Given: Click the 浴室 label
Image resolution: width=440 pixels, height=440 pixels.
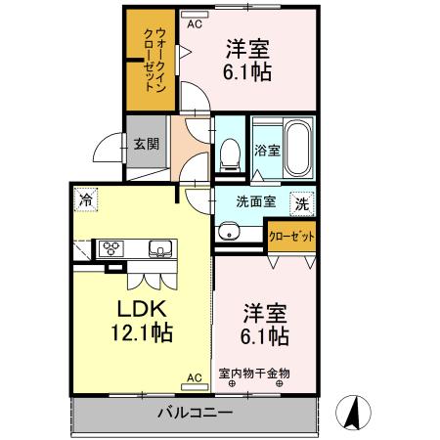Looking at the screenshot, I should coord(267,151).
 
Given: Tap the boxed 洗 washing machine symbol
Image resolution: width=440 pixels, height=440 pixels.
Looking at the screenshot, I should coord(303,204).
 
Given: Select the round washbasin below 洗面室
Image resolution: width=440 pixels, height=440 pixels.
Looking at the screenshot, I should coord(229,232).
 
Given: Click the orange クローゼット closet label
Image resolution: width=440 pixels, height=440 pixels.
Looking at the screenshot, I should coord(291,238).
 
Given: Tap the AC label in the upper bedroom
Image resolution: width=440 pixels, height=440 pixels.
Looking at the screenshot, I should coord(195,22).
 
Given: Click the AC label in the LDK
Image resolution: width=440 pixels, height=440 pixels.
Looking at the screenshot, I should coord(194,376).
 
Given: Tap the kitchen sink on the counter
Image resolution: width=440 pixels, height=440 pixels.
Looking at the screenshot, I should coord(158,248).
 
